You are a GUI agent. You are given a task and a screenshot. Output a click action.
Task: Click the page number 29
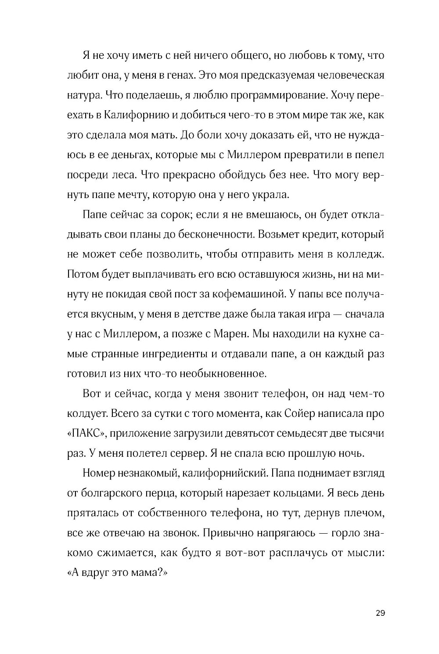pyautogui.click(x=380, y=613)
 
